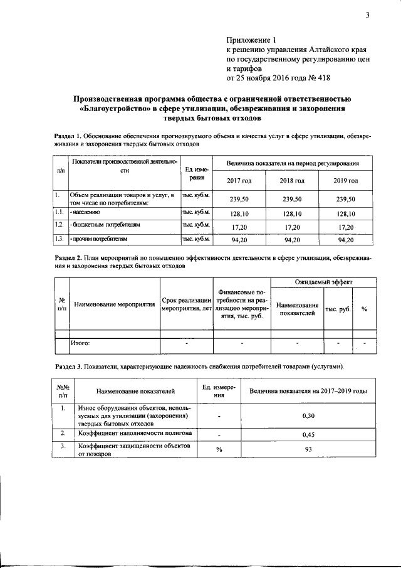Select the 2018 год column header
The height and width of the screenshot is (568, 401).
tap(292, 181)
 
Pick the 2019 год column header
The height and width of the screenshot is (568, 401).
tap(346, 181)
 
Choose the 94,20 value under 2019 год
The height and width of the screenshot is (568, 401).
tap(346, 239)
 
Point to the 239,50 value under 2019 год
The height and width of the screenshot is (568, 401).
tap(346, 199)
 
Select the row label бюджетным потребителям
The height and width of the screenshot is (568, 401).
tap(105, 224)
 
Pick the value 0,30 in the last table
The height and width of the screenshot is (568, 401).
tap(308, 415)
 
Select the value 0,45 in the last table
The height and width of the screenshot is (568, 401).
tap(308, 434)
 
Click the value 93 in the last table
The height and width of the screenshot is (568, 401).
tap(308, 449)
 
